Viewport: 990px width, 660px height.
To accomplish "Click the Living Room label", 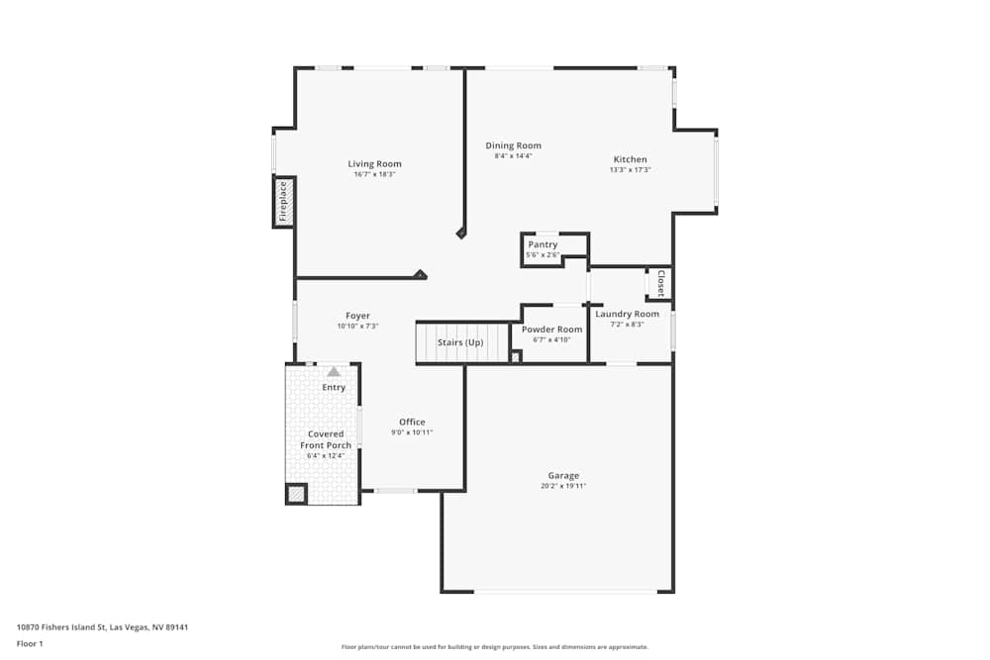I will coord(374,164).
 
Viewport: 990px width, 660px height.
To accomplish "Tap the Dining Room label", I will coord(513,145).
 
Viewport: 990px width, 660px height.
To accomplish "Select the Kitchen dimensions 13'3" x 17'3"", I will coord(630,170).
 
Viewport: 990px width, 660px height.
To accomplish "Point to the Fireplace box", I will coord(283,201).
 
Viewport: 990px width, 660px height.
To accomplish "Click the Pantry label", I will coord(543,244).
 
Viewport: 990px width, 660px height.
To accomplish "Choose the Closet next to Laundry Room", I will coord(659,283).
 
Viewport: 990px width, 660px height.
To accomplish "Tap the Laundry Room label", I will coord(627,314).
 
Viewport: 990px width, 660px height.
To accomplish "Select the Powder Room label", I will coord(551,330).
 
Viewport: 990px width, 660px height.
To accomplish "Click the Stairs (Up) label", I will coord(460,342).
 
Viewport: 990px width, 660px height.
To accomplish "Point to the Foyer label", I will coord(357,316).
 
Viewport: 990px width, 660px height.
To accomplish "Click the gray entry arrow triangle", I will coord(334,371).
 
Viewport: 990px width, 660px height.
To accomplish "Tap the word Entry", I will coord(334,387).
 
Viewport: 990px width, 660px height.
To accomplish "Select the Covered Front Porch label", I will coord(326,439).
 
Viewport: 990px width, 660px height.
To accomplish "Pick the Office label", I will coord(412,422).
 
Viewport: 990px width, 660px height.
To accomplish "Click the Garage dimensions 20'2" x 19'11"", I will coord(563,486).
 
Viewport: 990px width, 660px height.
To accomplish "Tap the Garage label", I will coord(563,475).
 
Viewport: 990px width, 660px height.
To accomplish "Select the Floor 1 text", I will coord(31,643).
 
